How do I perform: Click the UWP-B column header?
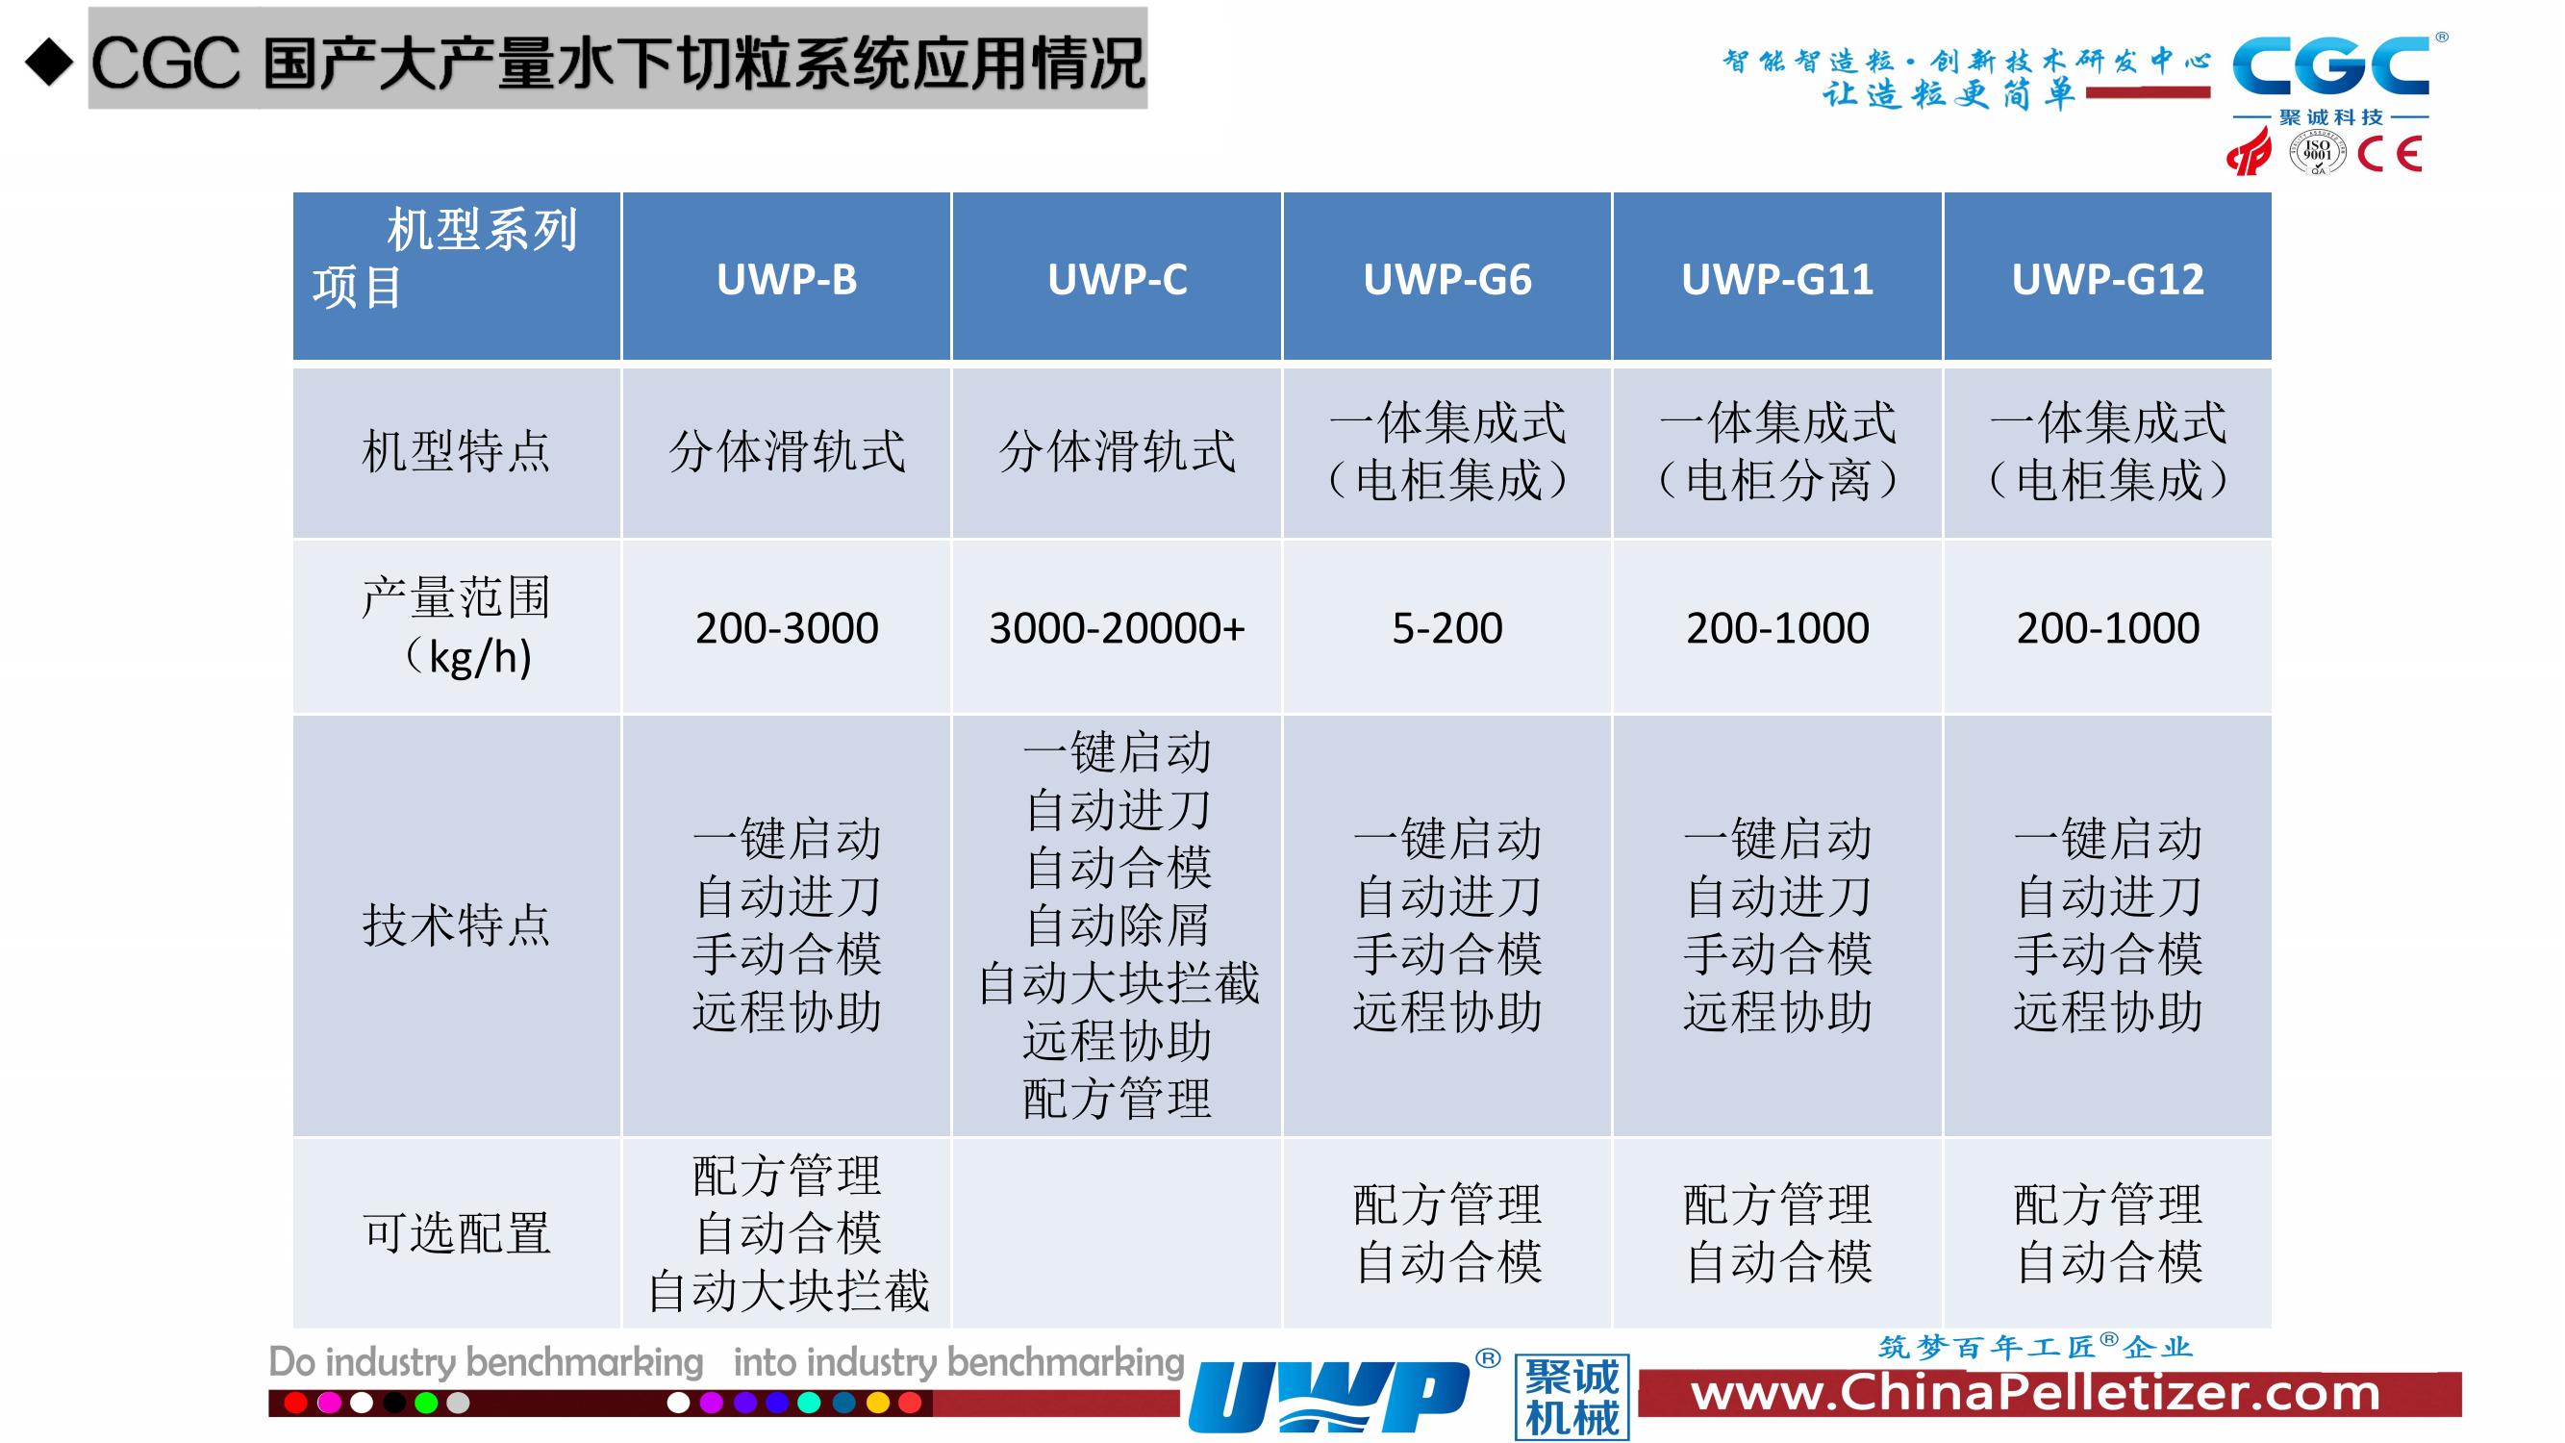point(787,280)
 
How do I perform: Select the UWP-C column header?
point(1118,280)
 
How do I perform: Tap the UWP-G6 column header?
point(1446,280)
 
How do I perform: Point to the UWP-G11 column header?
point(1777,280)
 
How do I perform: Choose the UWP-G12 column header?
point(2108,280)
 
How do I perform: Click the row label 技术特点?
point(456,925)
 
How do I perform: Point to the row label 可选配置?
point(456,1233)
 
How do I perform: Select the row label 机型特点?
point(456,451)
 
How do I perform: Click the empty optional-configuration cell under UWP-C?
point(1118,1233)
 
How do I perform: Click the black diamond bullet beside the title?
point(50,62)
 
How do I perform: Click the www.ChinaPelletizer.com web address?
point(2035,1392)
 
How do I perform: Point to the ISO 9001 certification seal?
point(2317,152)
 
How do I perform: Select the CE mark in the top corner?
point(2390,153)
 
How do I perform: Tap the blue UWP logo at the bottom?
point(1329,1396)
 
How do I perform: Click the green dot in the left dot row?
point(425,1404)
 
